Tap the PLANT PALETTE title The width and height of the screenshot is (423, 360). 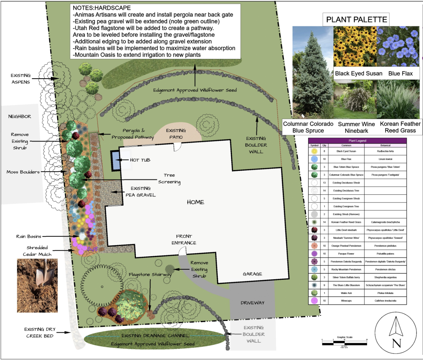pyautogui.click(x=357, y=20)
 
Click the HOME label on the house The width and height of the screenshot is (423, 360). pyautogui.click(x=196, y=202)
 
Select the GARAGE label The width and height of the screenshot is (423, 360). pyautogui.click(x=252, y=274)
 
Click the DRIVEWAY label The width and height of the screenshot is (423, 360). pyautogui.click(x=252, y=303)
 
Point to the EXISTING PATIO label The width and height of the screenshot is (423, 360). pyautogui.click(x=176, y=134)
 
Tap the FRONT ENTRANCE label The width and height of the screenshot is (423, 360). pyautogui.click(x=184, y=240)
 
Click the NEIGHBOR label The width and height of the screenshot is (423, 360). pyautogui.click(x=20, y=117)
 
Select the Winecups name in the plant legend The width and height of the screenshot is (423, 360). pyautogui.click(x=346, y=301)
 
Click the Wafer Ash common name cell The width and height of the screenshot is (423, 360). pyautogui.click(x=346, y=293)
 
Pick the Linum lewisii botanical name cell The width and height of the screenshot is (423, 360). pyautogui.click(x=385, y=159)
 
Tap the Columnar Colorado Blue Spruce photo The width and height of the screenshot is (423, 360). pyautogui.click(x=313, y=72)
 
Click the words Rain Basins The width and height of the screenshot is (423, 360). pyautogui.click(x=29, y=237)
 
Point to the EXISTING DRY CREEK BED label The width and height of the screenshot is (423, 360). pyautogui.click(x=39, y=333)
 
